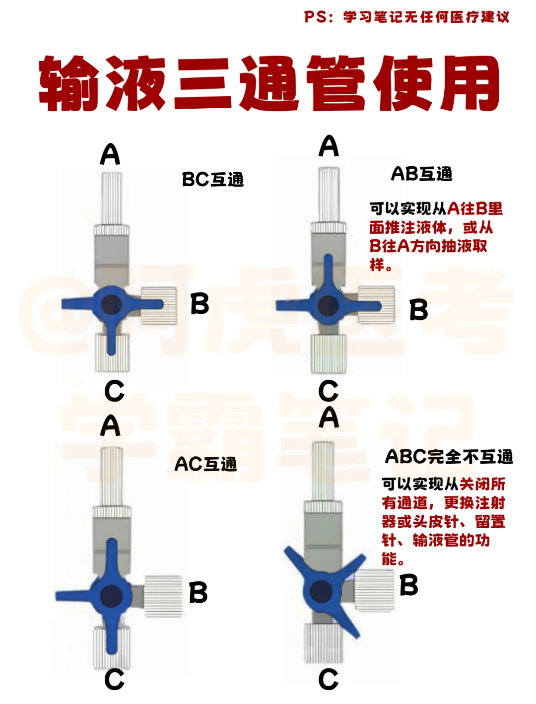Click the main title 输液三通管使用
(268, 83)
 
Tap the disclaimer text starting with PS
(406, 17)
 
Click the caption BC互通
(212, 179)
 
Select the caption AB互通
(421, 174)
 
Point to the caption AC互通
(205, 464)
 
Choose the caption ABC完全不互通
(449, 456)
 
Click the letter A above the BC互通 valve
(110, 154)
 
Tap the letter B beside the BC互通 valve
(200, 303)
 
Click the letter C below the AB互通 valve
(328, 391)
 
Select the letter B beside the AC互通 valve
(198, 592)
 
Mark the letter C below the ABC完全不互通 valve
(328, 679)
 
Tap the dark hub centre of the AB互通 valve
(327, 306)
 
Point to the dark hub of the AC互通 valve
(111, 595)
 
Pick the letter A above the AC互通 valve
(110, 425)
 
